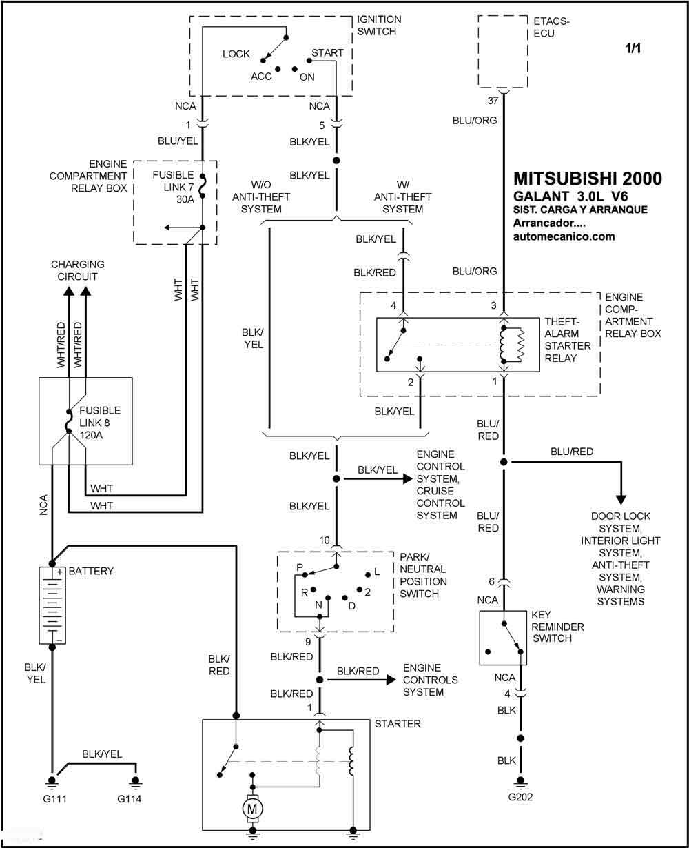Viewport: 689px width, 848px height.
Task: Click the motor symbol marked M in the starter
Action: pos(252,809)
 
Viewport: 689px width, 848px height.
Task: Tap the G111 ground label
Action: pos(54,798)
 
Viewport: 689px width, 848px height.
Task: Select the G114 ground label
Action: pos(129,798)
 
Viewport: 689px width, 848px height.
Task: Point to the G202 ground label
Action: pos(520,797)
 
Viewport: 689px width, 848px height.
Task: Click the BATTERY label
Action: pos(91,571)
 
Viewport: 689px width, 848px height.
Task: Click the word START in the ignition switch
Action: pos(327,53)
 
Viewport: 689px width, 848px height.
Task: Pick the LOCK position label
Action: pos(236,54)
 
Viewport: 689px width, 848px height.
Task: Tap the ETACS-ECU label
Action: pos(551,27)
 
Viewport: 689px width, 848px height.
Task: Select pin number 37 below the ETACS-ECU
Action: pos(493,101)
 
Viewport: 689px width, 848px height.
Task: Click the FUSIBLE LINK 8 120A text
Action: pos(100,423)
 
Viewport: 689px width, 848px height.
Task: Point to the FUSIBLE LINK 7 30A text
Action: pos(174,187)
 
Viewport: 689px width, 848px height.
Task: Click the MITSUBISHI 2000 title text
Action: pos(588,179)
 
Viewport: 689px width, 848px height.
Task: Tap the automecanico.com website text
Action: pos(564,236)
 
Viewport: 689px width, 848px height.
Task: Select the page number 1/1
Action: pos(633,48)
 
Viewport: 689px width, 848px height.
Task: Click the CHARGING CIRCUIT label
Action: pos(78,270)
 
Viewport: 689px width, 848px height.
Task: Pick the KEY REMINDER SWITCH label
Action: pos(557,627)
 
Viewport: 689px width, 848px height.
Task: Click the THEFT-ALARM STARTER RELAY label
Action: pos(567,340)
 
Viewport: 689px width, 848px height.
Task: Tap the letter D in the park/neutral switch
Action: pos(351,606)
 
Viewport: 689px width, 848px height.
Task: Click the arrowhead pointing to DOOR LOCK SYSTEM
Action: pos(621,500)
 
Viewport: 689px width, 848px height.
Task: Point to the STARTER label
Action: pos(398,723)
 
